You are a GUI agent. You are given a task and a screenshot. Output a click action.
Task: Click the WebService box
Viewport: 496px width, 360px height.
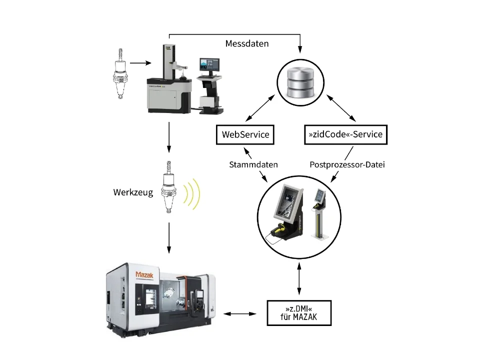(x=245, y=134)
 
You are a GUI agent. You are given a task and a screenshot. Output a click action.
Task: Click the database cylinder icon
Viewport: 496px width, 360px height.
(x=300, y=81)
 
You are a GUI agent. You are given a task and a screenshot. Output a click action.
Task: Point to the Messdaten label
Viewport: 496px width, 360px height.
(x=247, y=43)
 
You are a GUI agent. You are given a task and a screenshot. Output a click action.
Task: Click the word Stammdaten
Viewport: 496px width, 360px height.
(x=253, y=164)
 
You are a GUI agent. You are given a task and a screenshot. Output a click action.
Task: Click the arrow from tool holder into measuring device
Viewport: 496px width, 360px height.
(x=141, y=63)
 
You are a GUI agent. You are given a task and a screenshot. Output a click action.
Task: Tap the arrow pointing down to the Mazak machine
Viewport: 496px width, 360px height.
(x=169, y=237)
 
